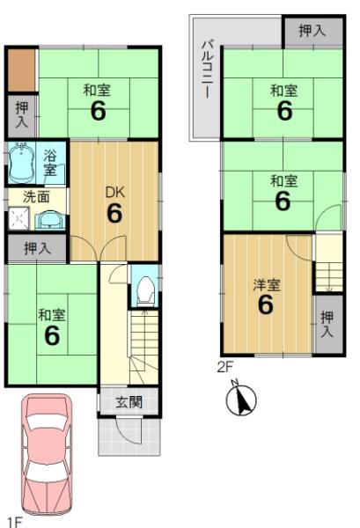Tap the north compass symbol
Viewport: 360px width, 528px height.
tap(241, 399)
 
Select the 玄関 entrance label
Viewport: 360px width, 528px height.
tap(129, 402)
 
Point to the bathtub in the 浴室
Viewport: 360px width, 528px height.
tap(21, 163)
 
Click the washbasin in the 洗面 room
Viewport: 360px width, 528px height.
tap(50, 221)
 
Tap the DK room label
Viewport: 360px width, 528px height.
tap(115, 193)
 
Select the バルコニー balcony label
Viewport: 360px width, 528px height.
tap(208, 69)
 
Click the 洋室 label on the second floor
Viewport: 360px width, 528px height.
tap(267, 285)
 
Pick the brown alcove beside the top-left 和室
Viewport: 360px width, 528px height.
tap(21, 70)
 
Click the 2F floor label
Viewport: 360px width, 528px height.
tap(225, 367)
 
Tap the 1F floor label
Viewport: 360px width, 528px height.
tap(15, 523)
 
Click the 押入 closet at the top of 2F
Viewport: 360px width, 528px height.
tap(313, 32)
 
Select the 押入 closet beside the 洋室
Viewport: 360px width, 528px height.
tap(327, 324)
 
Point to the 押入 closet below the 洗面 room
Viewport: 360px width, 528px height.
tap(37, 248)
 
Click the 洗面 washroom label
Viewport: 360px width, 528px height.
tap(37, 197)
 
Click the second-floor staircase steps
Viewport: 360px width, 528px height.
tap(329, 276)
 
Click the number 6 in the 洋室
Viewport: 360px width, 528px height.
tap(265, 304)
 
